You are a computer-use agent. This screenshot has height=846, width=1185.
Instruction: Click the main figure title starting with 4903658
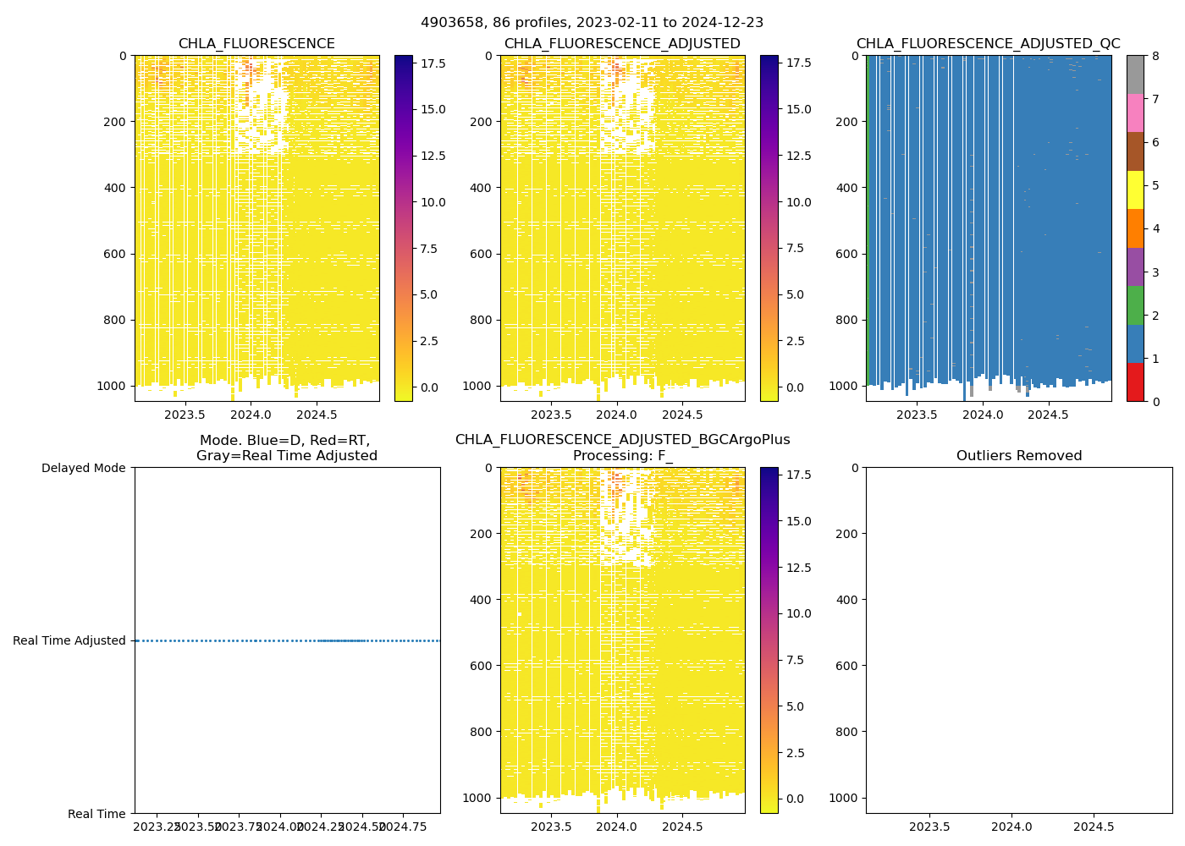[x=592, y=23]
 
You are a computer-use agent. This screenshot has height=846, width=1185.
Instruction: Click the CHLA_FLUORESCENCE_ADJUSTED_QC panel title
[x=988, y=44]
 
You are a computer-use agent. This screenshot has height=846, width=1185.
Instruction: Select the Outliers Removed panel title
[x=1018, y=456]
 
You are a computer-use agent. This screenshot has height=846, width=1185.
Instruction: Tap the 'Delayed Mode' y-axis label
[x=83, y=468]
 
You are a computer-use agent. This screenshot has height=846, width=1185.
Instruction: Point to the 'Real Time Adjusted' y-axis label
[x=69, y=640]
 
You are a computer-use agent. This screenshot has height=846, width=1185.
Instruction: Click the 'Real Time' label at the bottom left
[x=96, y=814]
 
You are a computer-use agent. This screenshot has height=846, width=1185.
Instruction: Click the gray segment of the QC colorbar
[x=1135, y=74]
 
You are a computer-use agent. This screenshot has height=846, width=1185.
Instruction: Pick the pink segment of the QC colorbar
[x=1135, y=113]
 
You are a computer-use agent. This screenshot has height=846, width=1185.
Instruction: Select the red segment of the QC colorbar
[x=1135, y=382]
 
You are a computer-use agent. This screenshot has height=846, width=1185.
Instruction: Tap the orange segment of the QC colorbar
[x=1135, y=228]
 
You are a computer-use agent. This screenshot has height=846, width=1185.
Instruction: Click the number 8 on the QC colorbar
[x=1155, y=57]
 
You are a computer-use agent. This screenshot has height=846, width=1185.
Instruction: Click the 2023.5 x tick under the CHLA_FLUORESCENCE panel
[x=185, y=415]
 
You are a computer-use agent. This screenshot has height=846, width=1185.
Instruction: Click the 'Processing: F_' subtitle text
[x=622, y=456]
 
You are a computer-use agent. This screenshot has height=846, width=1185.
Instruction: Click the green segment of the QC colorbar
[x=1135, y=305]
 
